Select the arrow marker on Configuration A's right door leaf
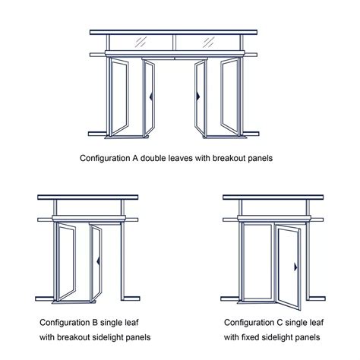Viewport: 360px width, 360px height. [199, 97]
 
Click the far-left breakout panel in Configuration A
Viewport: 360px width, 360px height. [121, 96]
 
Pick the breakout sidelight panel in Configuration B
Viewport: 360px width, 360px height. [68, 259]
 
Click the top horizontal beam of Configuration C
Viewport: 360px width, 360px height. [276, 197]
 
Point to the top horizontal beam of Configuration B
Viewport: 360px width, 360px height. [89, 197]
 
